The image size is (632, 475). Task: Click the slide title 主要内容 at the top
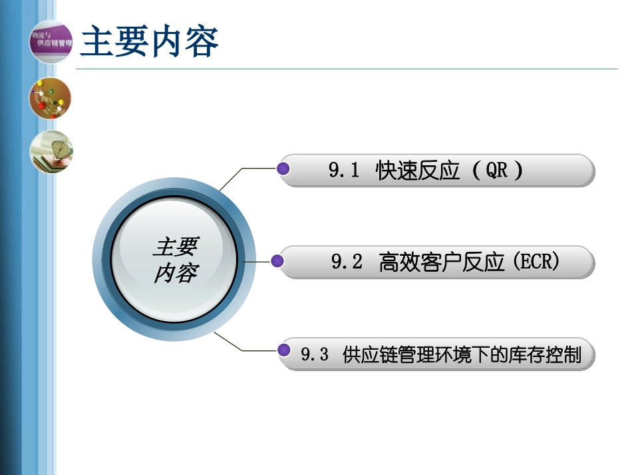149,43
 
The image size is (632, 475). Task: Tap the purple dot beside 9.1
284,169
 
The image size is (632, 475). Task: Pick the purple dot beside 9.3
285,350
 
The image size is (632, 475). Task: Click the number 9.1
344,171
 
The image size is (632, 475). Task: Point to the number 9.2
347,262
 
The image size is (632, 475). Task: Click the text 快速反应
418,171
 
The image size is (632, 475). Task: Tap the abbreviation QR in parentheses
496,171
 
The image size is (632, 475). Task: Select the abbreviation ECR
536,262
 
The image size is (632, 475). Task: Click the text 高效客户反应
437,262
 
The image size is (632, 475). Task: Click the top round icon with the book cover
50,41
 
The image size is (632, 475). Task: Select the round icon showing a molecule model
50,99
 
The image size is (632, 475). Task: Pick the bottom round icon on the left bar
51,152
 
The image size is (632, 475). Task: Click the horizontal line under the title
346,69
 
